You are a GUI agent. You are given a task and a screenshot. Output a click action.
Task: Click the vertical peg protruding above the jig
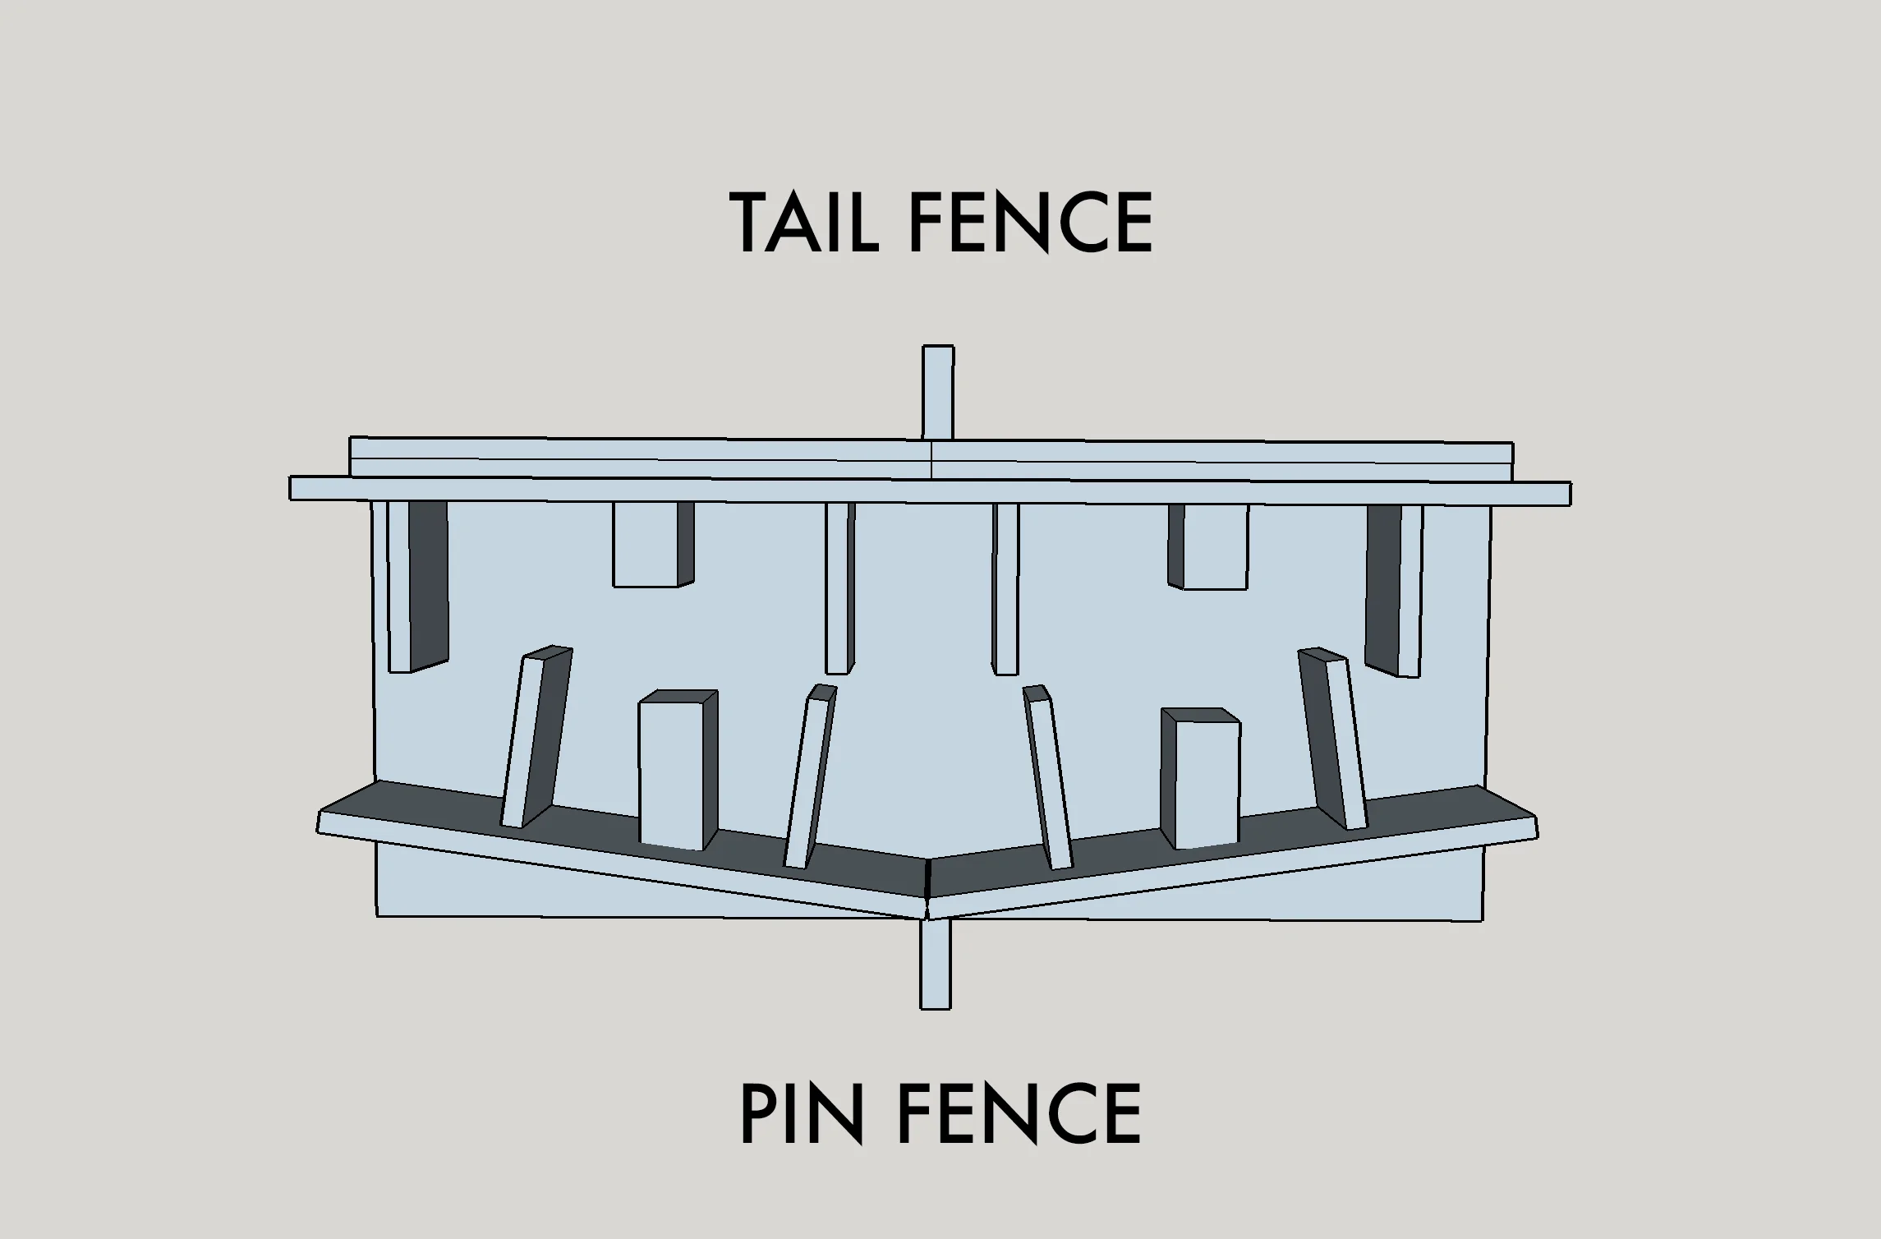click(938, 392)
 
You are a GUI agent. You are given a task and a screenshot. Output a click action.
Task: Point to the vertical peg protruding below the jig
click(936, 964)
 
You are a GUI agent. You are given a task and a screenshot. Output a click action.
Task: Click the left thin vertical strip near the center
click(839, 588)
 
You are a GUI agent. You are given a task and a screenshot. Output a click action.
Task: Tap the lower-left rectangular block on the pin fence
click(678, 770)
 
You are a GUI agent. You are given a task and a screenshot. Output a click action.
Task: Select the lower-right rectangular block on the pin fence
click(1201, 778)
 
